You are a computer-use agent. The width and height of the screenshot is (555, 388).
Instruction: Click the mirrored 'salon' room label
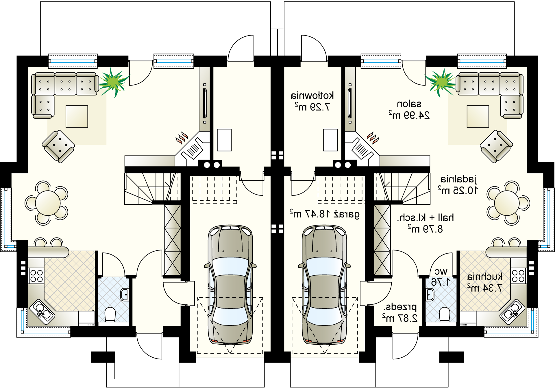[x=409, y=104]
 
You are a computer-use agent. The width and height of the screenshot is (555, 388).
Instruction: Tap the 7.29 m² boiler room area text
[x=312, y=107]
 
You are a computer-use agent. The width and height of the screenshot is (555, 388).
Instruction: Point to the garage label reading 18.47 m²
[x=325, y=214]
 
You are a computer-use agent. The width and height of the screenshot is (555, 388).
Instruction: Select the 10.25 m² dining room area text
[x=458, y=190]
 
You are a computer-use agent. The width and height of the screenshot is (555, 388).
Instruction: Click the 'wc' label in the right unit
[x=441, y=271]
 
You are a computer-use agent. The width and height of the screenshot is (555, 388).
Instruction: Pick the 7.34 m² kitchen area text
[x=485, y=288]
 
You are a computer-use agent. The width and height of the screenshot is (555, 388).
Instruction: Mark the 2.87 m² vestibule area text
[x=400, y=318]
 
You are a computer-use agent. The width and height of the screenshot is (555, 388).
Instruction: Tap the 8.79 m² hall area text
[x=425, y=229]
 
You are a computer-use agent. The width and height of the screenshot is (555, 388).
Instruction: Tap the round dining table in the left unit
[x=48, y=203]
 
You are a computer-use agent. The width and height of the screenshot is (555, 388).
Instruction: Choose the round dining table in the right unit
[x=507, y=203]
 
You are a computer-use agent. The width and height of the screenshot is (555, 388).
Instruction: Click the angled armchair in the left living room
[x=58, y=146]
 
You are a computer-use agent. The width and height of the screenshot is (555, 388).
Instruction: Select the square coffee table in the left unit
[x=77, y=117]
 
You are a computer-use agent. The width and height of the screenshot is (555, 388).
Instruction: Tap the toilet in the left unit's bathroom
[x=110, y=315]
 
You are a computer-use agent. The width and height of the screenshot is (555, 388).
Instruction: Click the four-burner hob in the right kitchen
[x=518, y=276]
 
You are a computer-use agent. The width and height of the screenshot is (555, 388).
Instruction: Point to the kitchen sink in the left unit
[x=42, y=312]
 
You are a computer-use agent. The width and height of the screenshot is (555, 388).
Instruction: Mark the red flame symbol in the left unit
[x=182, y=138]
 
